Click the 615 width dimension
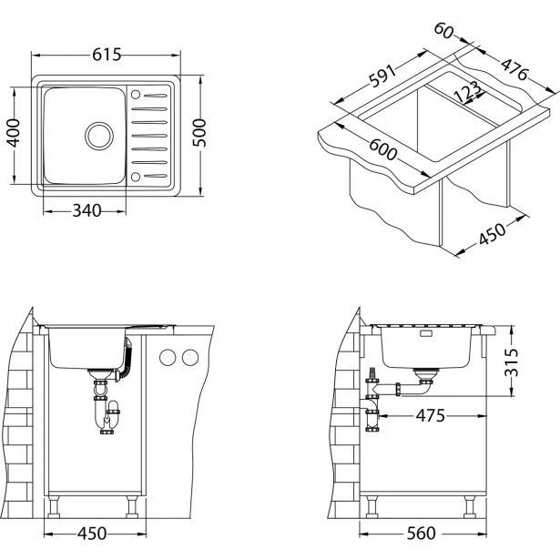107,56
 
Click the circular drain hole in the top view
97,136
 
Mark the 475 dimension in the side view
432,416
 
